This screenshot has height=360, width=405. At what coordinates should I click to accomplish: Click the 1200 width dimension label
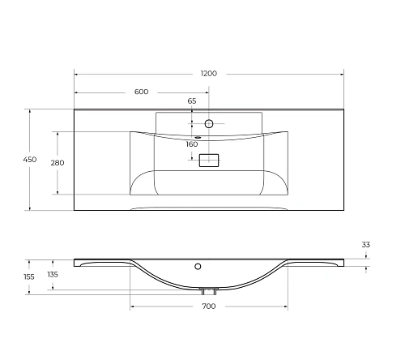[x=209, y=74]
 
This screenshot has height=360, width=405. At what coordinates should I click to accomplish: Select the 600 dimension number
[x=141, y=92]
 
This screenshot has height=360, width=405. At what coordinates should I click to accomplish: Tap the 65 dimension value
[x=192, y=101]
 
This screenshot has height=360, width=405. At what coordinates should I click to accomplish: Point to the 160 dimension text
[x=192, y=144]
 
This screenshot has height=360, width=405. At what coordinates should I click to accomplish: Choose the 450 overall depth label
[x=30, y=161]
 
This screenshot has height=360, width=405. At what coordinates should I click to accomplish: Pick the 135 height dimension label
[x=53, y=274]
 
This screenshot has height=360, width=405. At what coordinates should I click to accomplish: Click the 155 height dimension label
[x=29, y=276]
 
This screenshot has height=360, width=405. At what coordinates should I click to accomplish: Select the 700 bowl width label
[x=208, y=306]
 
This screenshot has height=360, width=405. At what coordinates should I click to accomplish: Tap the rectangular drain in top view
[x=209, y=161]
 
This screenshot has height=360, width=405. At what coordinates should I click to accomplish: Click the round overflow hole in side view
[x=197, y=265]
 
